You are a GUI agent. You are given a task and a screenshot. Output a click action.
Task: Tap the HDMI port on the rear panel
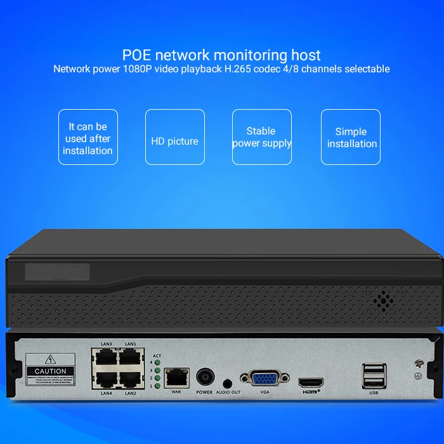pyautogui.click(x=311, y=382)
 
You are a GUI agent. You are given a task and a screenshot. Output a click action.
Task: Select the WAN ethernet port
pyautogui.click(x=174, y=379)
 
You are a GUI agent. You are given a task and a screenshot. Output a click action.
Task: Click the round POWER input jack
pyautogui.click(x=205, y=377)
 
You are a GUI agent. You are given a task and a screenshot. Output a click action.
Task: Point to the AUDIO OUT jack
pyautogui.click(x=227, y=383)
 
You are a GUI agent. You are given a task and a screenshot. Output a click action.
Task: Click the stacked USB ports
pyautogui.click(x=373, y=375)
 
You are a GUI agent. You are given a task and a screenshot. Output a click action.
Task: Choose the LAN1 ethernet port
pyautogui.click(x=130, y=357)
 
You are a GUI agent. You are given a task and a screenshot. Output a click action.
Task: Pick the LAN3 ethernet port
pyautogui.click(x=106, y=357)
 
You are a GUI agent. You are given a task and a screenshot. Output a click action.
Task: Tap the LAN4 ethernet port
pyautogui.click(x=106, y=379)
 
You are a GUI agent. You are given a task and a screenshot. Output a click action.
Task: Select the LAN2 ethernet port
pyautogui.click(x=130, y=379)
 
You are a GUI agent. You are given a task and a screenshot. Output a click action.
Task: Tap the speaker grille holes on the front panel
pyautogui.click(x=382, y=300)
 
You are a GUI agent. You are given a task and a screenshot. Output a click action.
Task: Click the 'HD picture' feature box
pyautogui.click(x=175, y=137)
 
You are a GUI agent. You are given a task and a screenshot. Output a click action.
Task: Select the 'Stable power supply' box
pyautogui.click(x=262, y=137)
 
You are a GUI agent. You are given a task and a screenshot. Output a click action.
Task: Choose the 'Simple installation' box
pyautogui.click(x=351, y=137)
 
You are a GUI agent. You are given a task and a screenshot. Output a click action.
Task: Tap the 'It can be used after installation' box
pyautogui.click(x=88, y=137)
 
